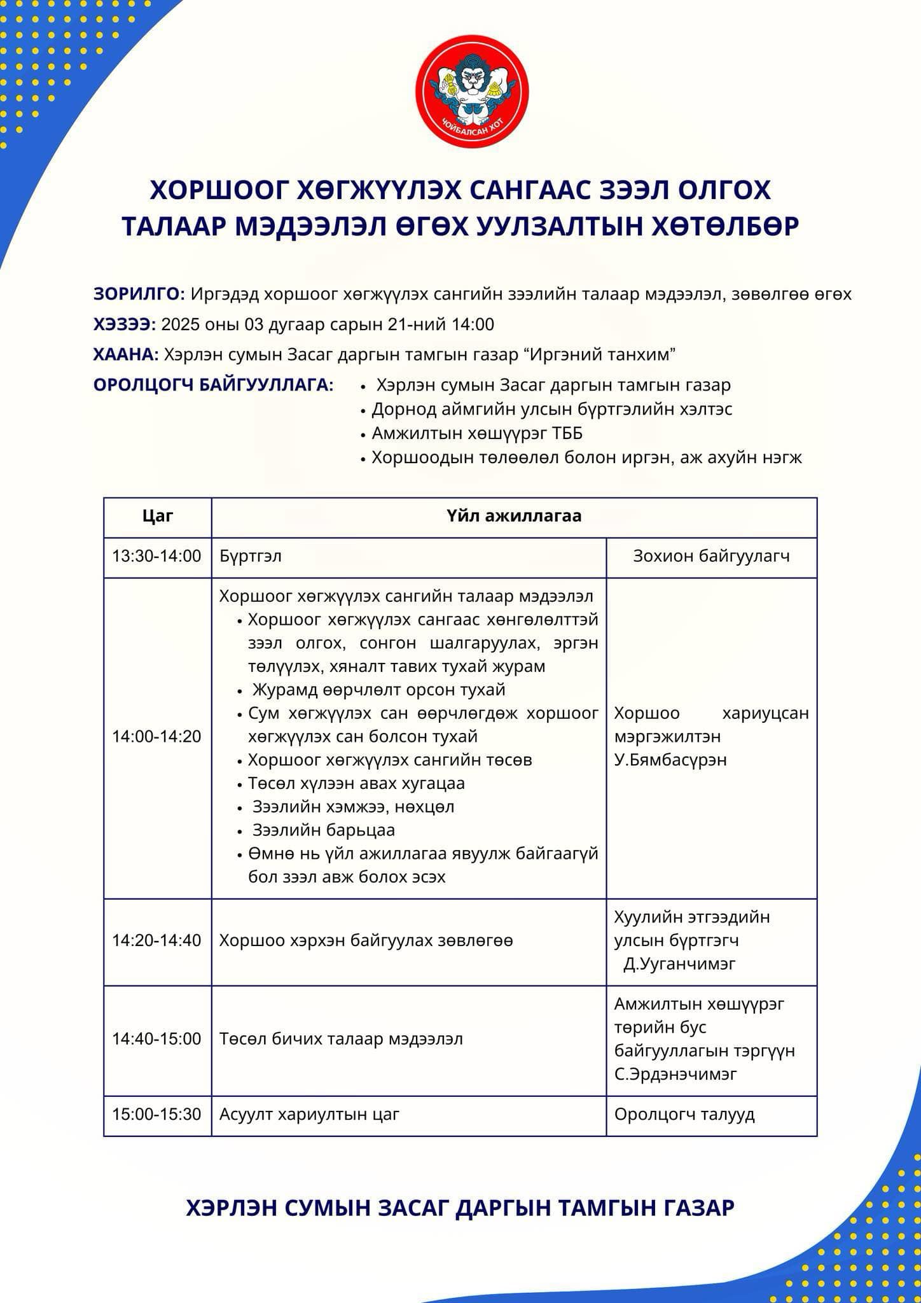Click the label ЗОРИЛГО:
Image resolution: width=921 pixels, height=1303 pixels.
pos(139,294)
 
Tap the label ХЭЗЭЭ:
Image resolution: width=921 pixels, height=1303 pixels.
pos(125,324)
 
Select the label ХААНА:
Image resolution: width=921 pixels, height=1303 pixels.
pos(126,354)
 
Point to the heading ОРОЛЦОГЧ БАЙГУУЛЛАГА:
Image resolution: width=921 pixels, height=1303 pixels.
pos(213,385)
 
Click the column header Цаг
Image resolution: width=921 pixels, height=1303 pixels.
pos(158,516)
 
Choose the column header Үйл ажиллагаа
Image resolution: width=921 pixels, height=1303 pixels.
pos(514,516)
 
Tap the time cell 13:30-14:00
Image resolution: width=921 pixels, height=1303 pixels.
pos(157,556)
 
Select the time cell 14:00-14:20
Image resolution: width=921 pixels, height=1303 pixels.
pos(157,736)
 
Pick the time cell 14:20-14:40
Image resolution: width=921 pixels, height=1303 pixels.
pos(157,940)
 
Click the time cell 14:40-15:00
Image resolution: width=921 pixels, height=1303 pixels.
pos(157,1039)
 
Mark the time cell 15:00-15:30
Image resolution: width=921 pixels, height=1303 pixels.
pos(157,1114)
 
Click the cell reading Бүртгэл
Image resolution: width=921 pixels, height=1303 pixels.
pos(251,556)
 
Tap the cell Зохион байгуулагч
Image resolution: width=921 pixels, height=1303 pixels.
pos(711,556)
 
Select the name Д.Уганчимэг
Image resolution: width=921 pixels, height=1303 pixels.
pos(679,963)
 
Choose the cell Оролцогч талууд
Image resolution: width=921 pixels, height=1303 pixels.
pos(684,1114)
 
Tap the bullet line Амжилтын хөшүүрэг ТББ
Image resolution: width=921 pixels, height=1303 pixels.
pos(477,433)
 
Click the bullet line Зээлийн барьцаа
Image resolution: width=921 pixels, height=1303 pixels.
pos(323,830)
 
